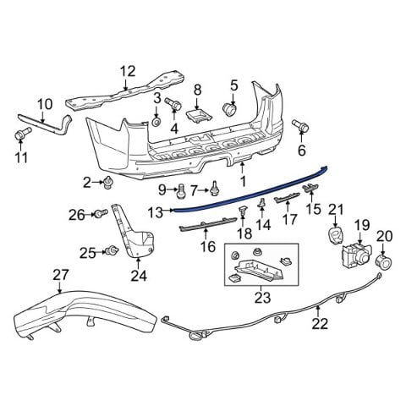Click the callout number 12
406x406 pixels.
click(x=127, y=71)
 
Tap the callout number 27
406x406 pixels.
click(x=60, y=274)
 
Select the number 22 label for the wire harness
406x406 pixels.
click(x=319, y=322)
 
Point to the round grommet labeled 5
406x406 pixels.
click(x=229, y=109)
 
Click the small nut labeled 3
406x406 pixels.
click(x=156, y=121)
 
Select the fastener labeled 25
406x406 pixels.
click(x=111, y=250)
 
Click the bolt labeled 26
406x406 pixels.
click(x=100, y=214)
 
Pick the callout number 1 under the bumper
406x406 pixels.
click(x=243, y=181)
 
